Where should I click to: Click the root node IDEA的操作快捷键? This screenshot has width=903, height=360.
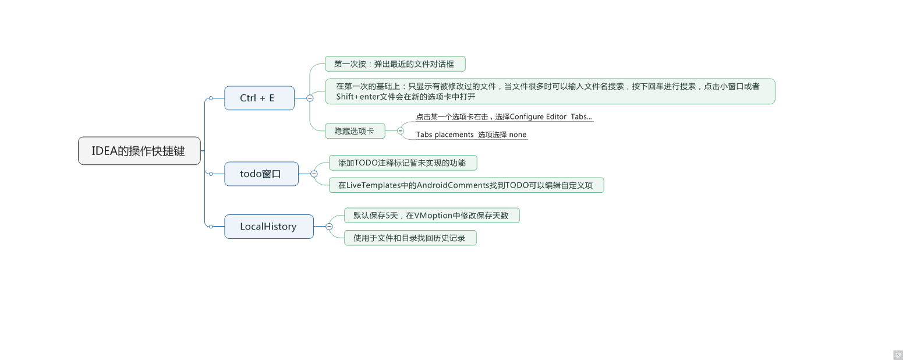pyautogui.click(x=139, y=151)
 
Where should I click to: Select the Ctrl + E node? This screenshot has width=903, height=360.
pyautogui.click(x=259, y=98)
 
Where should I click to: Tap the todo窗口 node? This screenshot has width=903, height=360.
pyautogui.click(x=261, y=174)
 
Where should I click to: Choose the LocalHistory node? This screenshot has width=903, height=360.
pyautogui.click(x=268, y=227)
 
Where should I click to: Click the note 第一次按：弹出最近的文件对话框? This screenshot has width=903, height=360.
pyautogui.click(x=395, y=63)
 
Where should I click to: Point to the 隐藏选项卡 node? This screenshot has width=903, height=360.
pyautogui.click(x=355, y=131)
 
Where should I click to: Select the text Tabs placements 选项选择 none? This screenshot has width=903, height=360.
pyautogui.click(x=471, y=135)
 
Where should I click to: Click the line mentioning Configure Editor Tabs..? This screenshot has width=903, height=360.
pyautogui.click(x=504, y=117)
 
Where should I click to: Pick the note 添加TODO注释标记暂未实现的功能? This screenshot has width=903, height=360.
pyautogui.click(x=402, y=163)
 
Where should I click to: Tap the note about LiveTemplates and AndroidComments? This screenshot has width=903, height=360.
pyautogui.click(x=466, y=185)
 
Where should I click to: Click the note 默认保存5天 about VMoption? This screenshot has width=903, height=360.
pyautogui.click(x=431, y=216)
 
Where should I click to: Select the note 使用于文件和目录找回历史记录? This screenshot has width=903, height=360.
pyautogui.click(x=410, y=238)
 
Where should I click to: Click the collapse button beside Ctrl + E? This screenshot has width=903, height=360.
pyautogui.click(x=310, y=98)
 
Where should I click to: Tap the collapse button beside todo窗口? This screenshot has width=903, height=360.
pyautogui.click(x=314, y=174)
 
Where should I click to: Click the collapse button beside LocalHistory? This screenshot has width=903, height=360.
pyautogui.click(x=329, y=227)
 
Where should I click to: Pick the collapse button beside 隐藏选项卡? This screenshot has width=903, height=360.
pyautogui.click(x=401, y=131)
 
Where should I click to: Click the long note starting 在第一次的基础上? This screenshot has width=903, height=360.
pyautogui.click(x=549, y=91)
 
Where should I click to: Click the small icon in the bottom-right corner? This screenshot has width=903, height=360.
pyautogui.click(x=897, y=355)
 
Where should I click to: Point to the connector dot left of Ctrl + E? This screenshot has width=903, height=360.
pyautogui.click(x=211, y=98)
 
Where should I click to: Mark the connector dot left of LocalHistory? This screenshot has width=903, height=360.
pyautogui.click(x=211, y=227)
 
